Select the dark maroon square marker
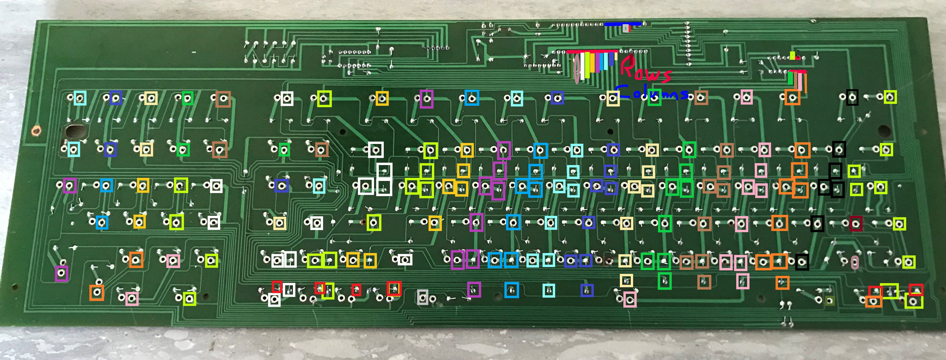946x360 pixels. (856, 224)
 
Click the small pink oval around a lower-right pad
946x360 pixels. (855, 262)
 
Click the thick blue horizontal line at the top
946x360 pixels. (623, 24)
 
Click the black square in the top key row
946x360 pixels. (852, 98)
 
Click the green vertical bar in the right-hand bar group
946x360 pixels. (790, 78)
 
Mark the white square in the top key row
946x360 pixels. (287, 98)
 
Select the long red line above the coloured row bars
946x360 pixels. (592, 52)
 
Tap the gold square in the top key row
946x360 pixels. (382, 98)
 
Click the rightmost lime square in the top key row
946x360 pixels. (890, 97)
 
